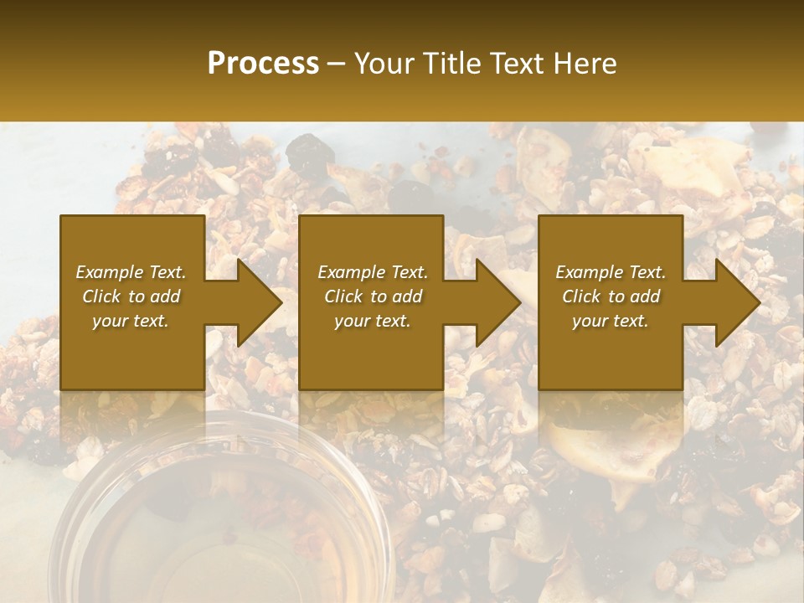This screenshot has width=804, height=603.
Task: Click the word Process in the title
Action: (263, 64)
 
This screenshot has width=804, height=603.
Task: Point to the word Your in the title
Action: (384, 64)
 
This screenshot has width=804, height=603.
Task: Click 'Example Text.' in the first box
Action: (131, 272)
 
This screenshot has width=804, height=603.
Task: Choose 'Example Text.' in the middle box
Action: (373, 272)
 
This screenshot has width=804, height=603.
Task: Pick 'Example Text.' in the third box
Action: (611, 272)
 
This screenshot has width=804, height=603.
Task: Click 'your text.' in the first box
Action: (131, 321)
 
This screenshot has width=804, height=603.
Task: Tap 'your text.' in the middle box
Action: (373, 321)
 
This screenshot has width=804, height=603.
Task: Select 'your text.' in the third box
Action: (611, 321)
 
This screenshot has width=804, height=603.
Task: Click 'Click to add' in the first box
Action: (131, 296)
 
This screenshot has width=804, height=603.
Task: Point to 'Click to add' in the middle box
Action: (373, 296)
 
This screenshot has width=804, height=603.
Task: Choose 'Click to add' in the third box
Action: (611, 296)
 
